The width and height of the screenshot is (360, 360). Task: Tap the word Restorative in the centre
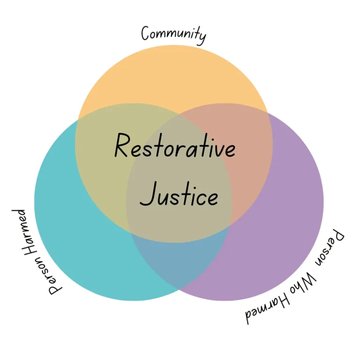pyautogui.click(x=175, y=146)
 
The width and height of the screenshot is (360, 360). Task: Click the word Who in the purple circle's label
pyautogui.click(x=303, y=283)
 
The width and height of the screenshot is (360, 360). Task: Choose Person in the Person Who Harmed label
pyautogui.click(x=330, y=248)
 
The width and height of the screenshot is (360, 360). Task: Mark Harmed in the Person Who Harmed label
pyautogui.click(x=268, y=309)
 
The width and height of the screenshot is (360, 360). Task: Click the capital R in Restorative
pyautogui.click(x=121, y=146)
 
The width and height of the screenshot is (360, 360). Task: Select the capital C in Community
pyautogui.click(x=146, y=33)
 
